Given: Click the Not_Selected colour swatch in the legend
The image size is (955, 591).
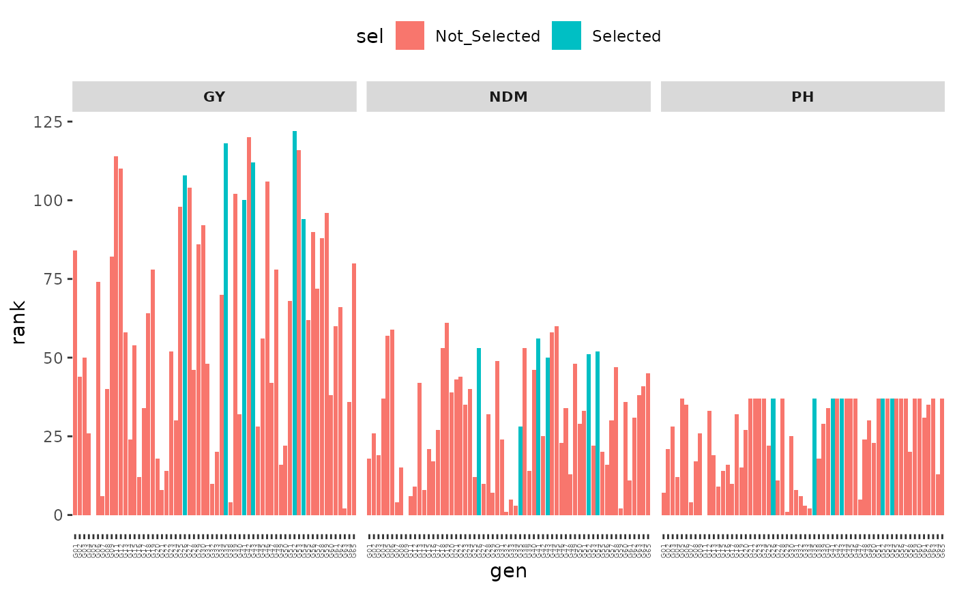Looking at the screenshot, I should (410, 35).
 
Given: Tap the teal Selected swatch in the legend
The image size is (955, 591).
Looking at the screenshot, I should (567, 35).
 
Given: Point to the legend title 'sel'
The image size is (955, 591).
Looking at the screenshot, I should (370, 36).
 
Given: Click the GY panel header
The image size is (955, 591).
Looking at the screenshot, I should (214, 97).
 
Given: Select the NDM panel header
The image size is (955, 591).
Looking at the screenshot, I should (508, 97).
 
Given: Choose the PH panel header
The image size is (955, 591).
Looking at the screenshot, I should (802, 97).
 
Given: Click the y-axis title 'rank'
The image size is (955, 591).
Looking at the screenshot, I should (19, 322).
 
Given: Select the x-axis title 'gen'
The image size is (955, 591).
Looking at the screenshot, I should (508, 571).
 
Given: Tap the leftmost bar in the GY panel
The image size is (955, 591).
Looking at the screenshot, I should (75, 383).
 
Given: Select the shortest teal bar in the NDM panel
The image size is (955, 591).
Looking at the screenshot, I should (520, 471).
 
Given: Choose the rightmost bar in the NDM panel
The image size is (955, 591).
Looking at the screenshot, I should (648, 444).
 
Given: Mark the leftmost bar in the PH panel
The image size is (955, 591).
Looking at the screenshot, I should (664, 504).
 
